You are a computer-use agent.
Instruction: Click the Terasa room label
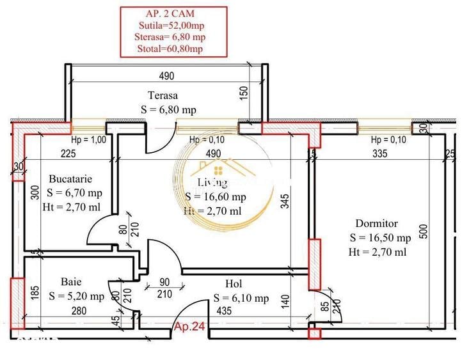tap(163, 95)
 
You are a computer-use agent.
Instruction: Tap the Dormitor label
tap(378, 224)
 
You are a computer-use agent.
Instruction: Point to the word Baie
tap(71, 281)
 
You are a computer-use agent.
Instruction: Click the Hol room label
tap(233, 283)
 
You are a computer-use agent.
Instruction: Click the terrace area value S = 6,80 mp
tap(168, 109)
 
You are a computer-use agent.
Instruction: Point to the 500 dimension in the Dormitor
tap(423, 231)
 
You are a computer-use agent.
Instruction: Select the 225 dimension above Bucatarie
tap(69, 153)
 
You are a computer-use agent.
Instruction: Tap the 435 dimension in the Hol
tap(224, 311)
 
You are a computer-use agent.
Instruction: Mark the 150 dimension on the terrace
tap(242, 92)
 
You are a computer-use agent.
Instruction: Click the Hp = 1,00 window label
tap(88, 140)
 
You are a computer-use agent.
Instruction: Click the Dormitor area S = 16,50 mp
tap(380, 237)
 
